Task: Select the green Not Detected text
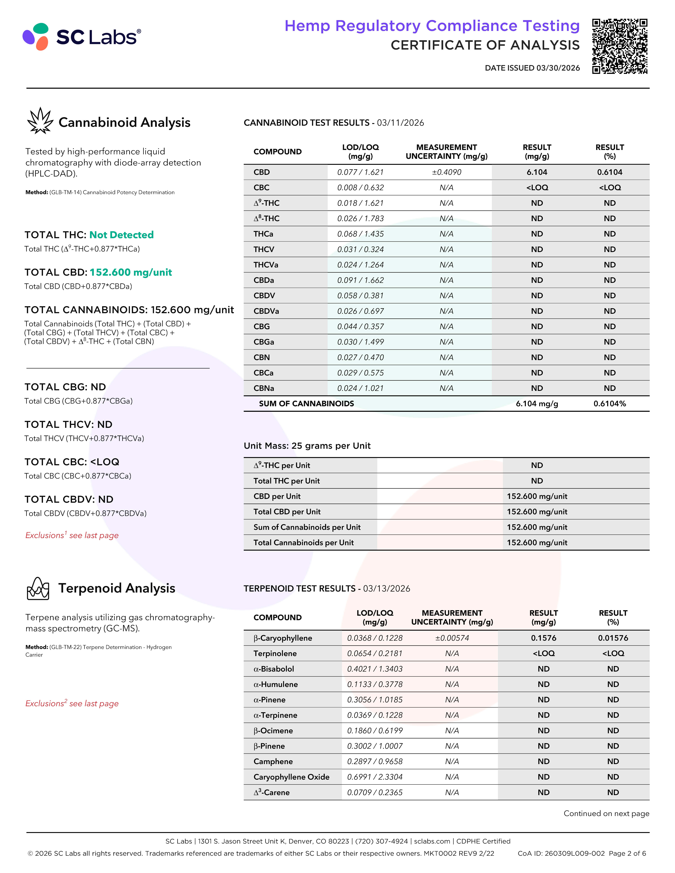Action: [122, 235]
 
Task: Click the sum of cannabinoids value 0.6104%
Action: [609, 404]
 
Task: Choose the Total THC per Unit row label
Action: [287, 481]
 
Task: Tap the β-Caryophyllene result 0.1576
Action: [543, 638]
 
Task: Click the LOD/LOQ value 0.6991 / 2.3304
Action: [375, 777]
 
